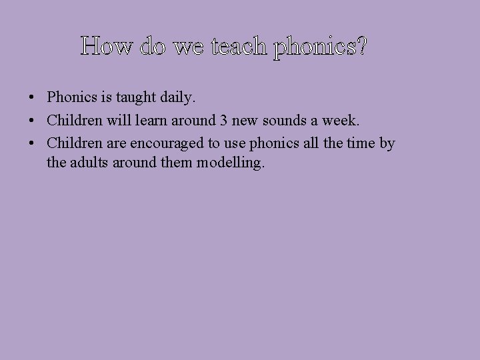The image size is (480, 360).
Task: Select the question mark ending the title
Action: pyautogui.click(x=360, y=47)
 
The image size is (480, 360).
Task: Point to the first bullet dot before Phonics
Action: pyautogui.click(x=32, y=98)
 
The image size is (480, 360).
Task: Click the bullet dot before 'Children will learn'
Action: pyautogui.click(x=32, y=121)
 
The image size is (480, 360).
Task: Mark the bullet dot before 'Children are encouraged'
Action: pyautogui.click(x=32, y=143)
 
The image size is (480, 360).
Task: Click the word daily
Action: pyautogui.click(x=177, y=98)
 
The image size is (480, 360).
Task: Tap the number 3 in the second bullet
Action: pyautogui.click(x=223, y=121)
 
